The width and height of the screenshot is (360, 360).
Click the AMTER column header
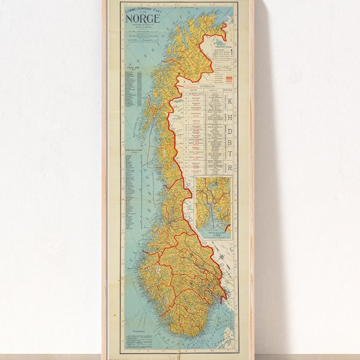click(194, 91)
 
